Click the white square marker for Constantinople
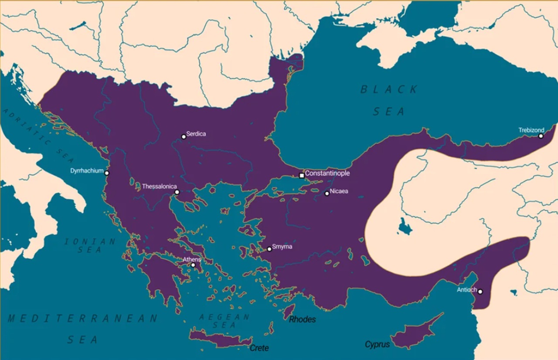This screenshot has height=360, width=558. (x=302, y=176)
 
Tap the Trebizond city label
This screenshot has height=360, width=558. (x=531, y=130)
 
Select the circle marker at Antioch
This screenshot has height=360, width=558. (x=480, y=292)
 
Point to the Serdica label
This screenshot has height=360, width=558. (x=196, y=134)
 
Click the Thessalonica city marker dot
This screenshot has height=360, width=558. (x=177, y=192)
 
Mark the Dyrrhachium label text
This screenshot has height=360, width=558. (x=87, y=171)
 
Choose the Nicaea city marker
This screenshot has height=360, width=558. (x=327, y=194)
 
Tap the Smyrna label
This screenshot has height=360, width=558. (x=282, y=247)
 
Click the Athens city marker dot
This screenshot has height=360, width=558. (x=193, y=265)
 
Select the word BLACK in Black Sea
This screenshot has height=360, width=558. (x=389, y=90)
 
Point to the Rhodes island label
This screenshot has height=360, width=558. (x=303, y=320)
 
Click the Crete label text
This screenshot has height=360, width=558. (x=259, y=348)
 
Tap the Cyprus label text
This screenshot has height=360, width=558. (x=377, y=345)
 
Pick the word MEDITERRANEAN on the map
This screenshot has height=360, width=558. (x=83, y=319)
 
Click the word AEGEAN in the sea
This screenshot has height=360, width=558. (x=225, y=317)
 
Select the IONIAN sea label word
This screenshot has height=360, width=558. (x=90, y=241)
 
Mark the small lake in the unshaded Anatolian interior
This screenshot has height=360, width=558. (x=405, y=227)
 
